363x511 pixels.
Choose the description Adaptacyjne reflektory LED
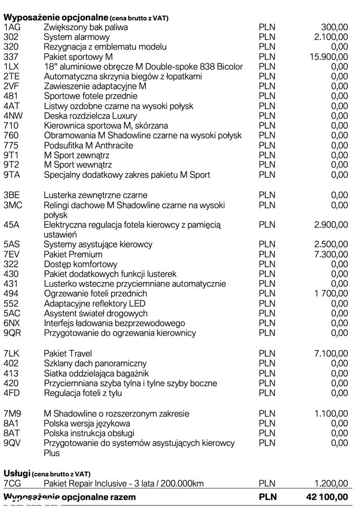[x=95, y=304]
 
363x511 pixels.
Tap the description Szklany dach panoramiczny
[x=95, y=363]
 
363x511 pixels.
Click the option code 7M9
[x=12, y=413]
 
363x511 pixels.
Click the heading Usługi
[x=16, y=474]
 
